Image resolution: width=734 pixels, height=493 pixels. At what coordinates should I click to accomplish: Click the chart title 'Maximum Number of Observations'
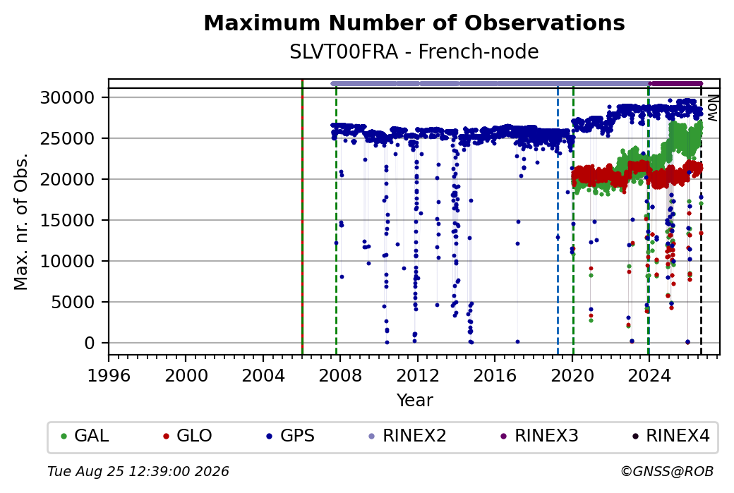[414, 23]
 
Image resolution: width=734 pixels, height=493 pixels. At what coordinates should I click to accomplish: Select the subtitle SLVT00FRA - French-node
[414, 51]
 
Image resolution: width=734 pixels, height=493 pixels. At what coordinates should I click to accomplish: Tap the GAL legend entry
[85, 436]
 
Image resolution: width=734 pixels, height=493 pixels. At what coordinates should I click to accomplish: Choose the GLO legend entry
[187, 436]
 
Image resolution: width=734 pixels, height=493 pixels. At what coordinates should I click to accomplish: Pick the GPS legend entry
[290, 436]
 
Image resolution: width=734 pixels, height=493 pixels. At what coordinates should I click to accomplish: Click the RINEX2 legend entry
[408, 436]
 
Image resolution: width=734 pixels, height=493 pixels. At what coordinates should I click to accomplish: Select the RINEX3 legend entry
[540, 436]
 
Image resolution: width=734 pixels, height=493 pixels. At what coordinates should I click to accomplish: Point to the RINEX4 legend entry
[670, 436]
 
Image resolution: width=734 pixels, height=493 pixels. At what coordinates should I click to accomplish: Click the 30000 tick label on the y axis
[68, 98]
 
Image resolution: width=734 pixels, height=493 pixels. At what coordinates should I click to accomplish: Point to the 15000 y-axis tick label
[68, 220]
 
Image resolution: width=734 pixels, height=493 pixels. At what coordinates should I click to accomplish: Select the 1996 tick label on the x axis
[109, 375]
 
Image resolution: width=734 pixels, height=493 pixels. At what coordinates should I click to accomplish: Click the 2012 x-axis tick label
[418, 375]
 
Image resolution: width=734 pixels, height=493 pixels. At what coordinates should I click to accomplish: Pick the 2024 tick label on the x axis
[649, 375]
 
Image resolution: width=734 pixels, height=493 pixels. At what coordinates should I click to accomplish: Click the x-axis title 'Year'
[415, 401]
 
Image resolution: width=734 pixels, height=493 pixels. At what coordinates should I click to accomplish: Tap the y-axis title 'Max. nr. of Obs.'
[21, 221]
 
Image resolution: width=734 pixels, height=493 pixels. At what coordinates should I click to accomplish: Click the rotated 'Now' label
[713, 108]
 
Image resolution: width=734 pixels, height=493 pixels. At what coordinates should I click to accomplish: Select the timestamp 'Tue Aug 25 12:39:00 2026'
[138, 471]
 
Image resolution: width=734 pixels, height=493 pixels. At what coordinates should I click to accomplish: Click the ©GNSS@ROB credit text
[667, 471]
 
